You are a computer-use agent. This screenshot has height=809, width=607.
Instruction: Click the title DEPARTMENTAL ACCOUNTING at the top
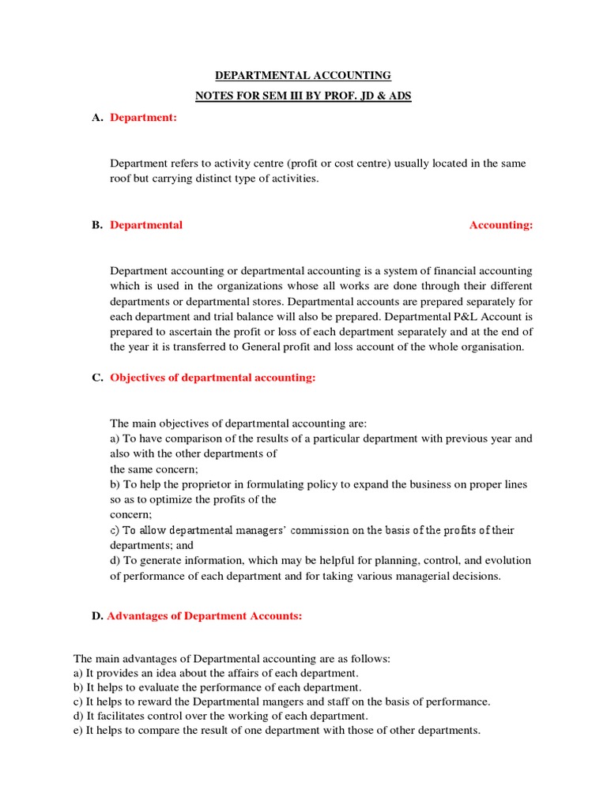[x=303, y=76]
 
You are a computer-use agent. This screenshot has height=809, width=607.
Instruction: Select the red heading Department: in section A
[x=143, y=118]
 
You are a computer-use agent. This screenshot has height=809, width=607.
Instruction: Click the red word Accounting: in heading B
[x=501, y=225]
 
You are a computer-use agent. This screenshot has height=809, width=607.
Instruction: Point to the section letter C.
[x=96, y=378]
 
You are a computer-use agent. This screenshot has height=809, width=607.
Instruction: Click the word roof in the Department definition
[x=121, y=179]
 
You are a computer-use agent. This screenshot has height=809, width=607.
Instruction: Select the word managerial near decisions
[x=423, y=576]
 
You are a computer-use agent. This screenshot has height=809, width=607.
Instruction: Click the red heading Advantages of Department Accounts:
[x=205, y=616]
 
